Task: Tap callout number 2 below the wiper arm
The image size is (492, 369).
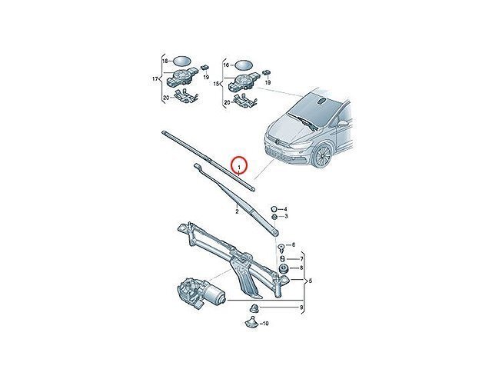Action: coord(237,211)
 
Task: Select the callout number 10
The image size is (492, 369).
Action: coord(265,323)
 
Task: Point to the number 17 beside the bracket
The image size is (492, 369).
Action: coord(155,78)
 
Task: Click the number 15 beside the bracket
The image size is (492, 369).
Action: coord(217,84)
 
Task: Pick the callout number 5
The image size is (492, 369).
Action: coord(311,281)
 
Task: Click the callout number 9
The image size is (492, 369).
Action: coord(301,307)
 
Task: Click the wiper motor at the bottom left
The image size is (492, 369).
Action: coord(200,293)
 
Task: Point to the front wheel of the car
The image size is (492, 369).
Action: coord(323,156)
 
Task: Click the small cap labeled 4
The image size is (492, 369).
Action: coord(274,208)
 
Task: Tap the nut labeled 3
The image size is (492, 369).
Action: coord(274,217)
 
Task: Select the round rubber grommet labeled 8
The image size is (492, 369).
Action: coord(284,268)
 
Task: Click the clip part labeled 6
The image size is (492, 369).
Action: coord(281,248)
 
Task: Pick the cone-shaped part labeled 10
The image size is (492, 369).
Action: coord(250,322)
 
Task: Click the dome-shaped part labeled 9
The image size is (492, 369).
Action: coord(254,308)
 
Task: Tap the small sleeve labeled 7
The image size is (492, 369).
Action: coord(282,259)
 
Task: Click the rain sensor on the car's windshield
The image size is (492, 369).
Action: coord(321,101)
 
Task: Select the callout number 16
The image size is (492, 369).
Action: coord(226,65)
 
